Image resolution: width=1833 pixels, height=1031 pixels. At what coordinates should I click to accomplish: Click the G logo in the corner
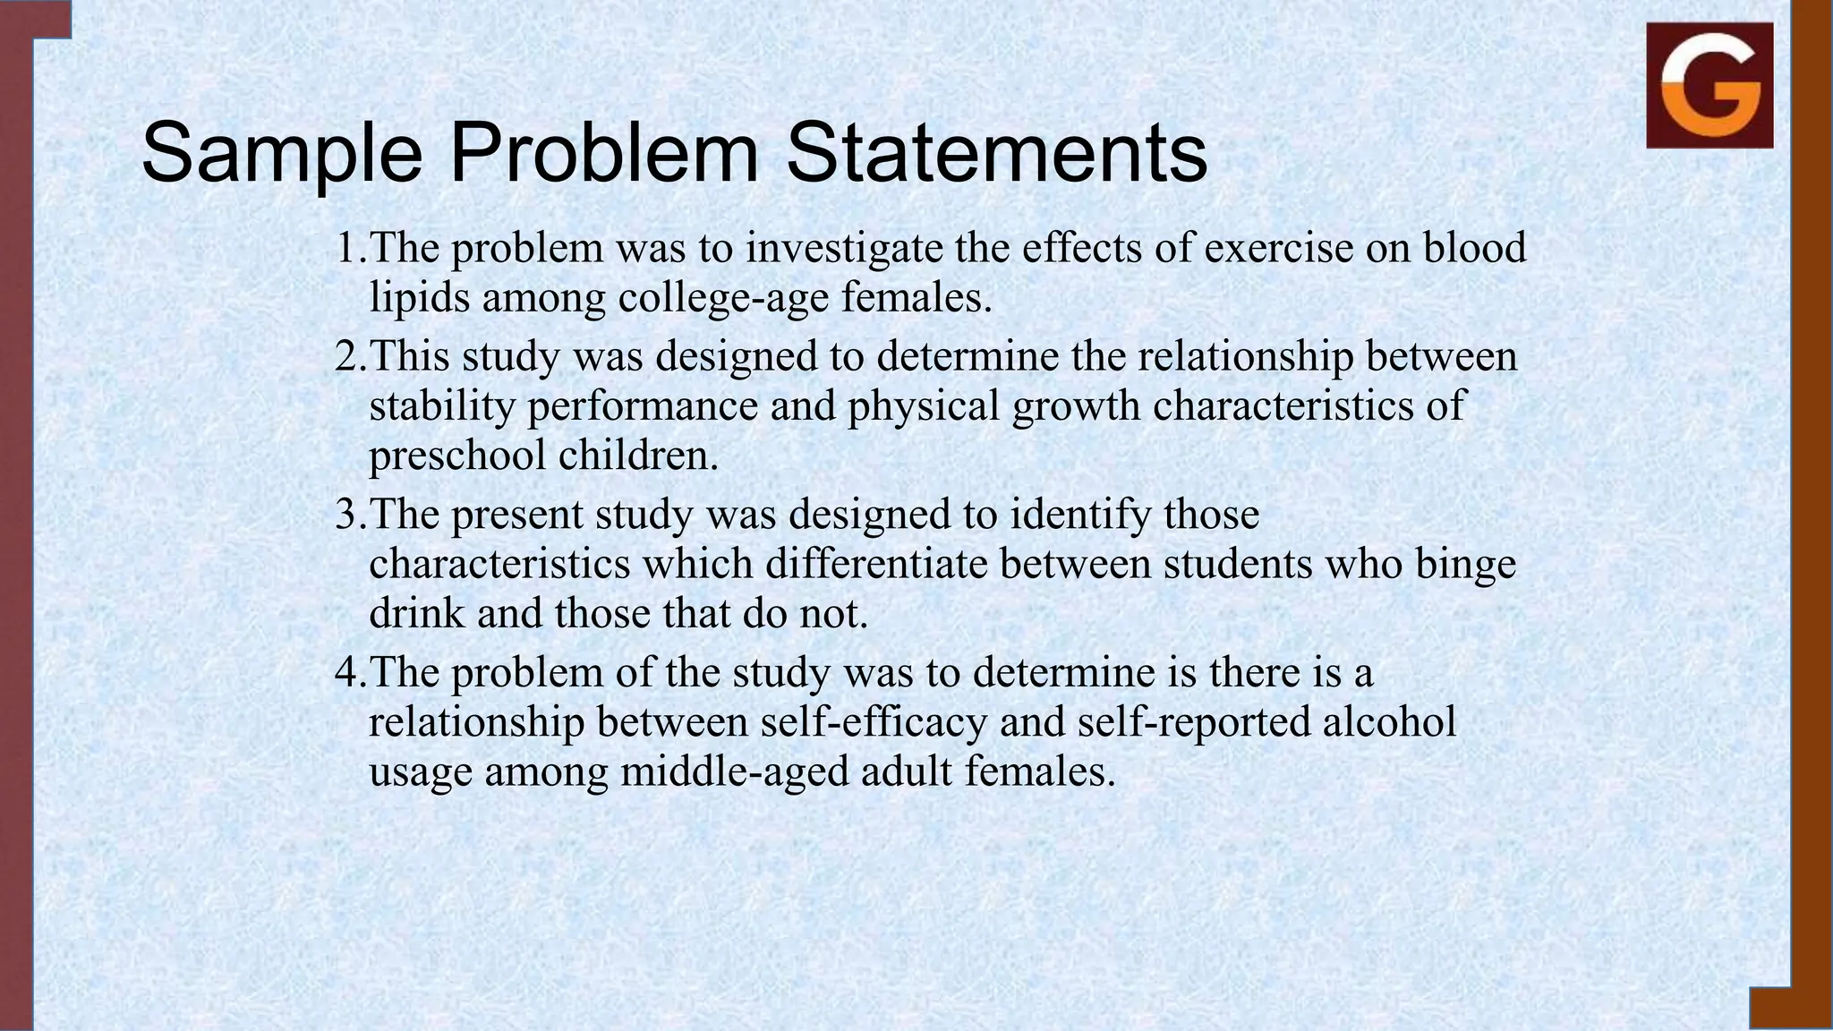coord(1709,86)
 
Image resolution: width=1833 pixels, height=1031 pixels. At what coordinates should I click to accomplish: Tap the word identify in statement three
coord(1080,515)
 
